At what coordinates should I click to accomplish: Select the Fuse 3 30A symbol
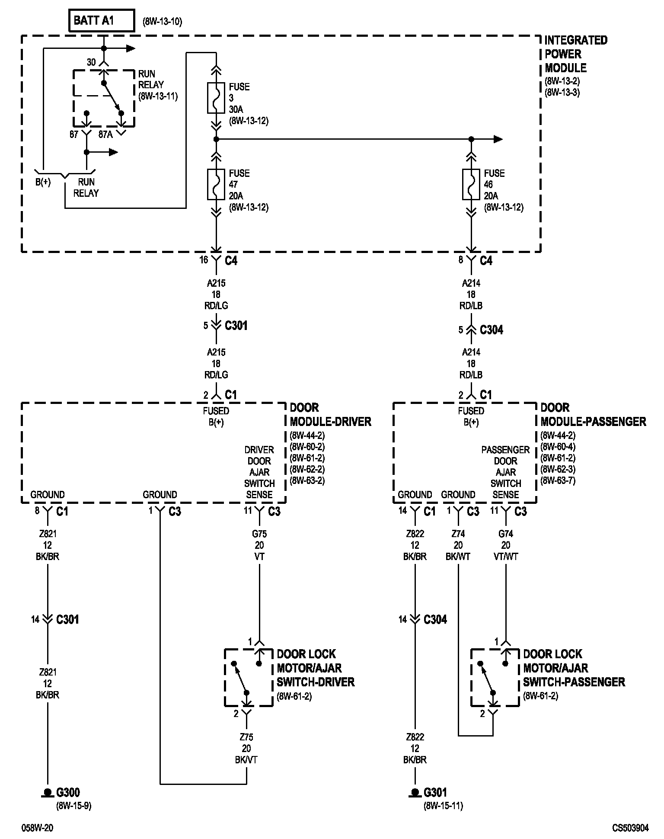216,98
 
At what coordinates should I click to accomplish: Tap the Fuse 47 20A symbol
216,184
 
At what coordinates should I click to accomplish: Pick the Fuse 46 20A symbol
471,184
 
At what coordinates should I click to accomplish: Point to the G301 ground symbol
415,793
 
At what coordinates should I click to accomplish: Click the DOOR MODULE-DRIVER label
330,415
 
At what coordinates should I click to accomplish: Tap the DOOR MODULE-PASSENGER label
593,415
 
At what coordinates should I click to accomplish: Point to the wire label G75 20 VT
259,545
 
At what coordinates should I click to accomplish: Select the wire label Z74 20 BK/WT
458,545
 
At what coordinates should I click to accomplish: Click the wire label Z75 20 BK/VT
246,749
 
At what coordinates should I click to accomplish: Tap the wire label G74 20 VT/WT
506,545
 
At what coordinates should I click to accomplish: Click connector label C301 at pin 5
236,325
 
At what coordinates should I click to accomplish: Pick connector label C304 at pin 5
492,330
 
